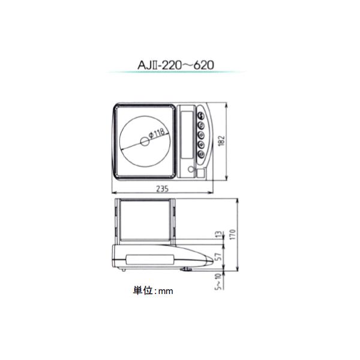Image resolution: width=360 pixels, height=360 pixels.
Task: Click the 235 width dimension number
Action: (x=163, y=189)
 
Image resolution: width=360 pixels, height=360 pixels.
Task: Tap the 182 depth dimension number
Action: (x=221, y=141)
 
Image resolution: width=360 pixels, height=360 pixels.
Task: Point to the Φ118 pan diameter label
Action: (x=157, y=134)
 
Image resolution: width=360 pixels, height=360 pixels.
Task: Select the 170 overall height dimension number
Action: (x=233, y=234)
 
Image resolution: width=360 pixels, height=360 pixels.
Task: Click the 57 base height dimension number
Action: (x=220, y=257)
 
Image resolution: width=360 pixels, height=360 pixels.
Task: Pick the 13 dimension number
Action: (x=220, y=234)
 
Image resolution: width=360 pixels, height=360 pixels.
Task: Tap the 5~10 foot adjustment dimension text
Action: (x=219, y=281)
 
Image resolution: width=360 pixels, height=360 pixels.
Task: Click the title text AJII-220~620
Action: (x=176, y=65)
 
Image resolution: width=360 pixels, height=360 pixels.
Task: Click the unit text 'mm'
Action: (x=166, y=292)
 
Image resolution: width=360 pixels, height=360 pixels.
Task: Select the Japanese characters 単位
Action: (x=143, y=290)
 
